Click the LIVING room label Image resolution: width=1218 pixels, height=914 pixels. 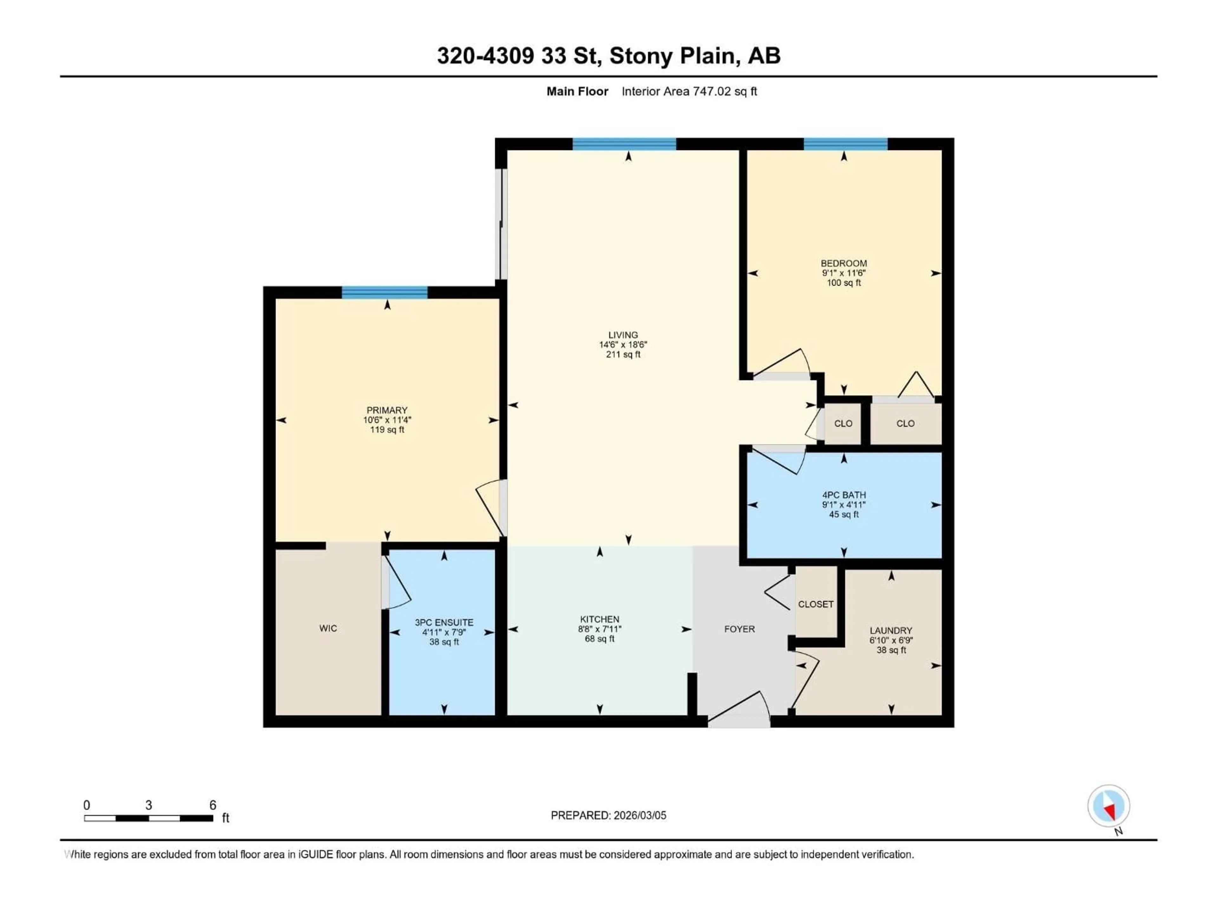623,335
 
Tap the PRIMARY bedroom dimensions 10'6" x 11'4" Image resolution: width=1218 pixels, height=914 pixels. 387,420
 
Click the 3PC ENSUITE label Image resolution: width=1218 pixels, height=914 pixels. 444,623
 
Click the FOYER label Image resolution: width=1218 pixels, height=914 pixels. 739,629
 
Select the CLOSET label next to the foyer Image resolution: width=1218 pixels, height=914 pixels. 815,604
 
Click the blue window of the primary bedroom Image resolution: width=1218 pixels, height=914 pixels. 384,293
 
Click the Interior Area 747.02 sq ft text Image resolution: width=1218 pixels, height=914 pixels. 689,91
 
